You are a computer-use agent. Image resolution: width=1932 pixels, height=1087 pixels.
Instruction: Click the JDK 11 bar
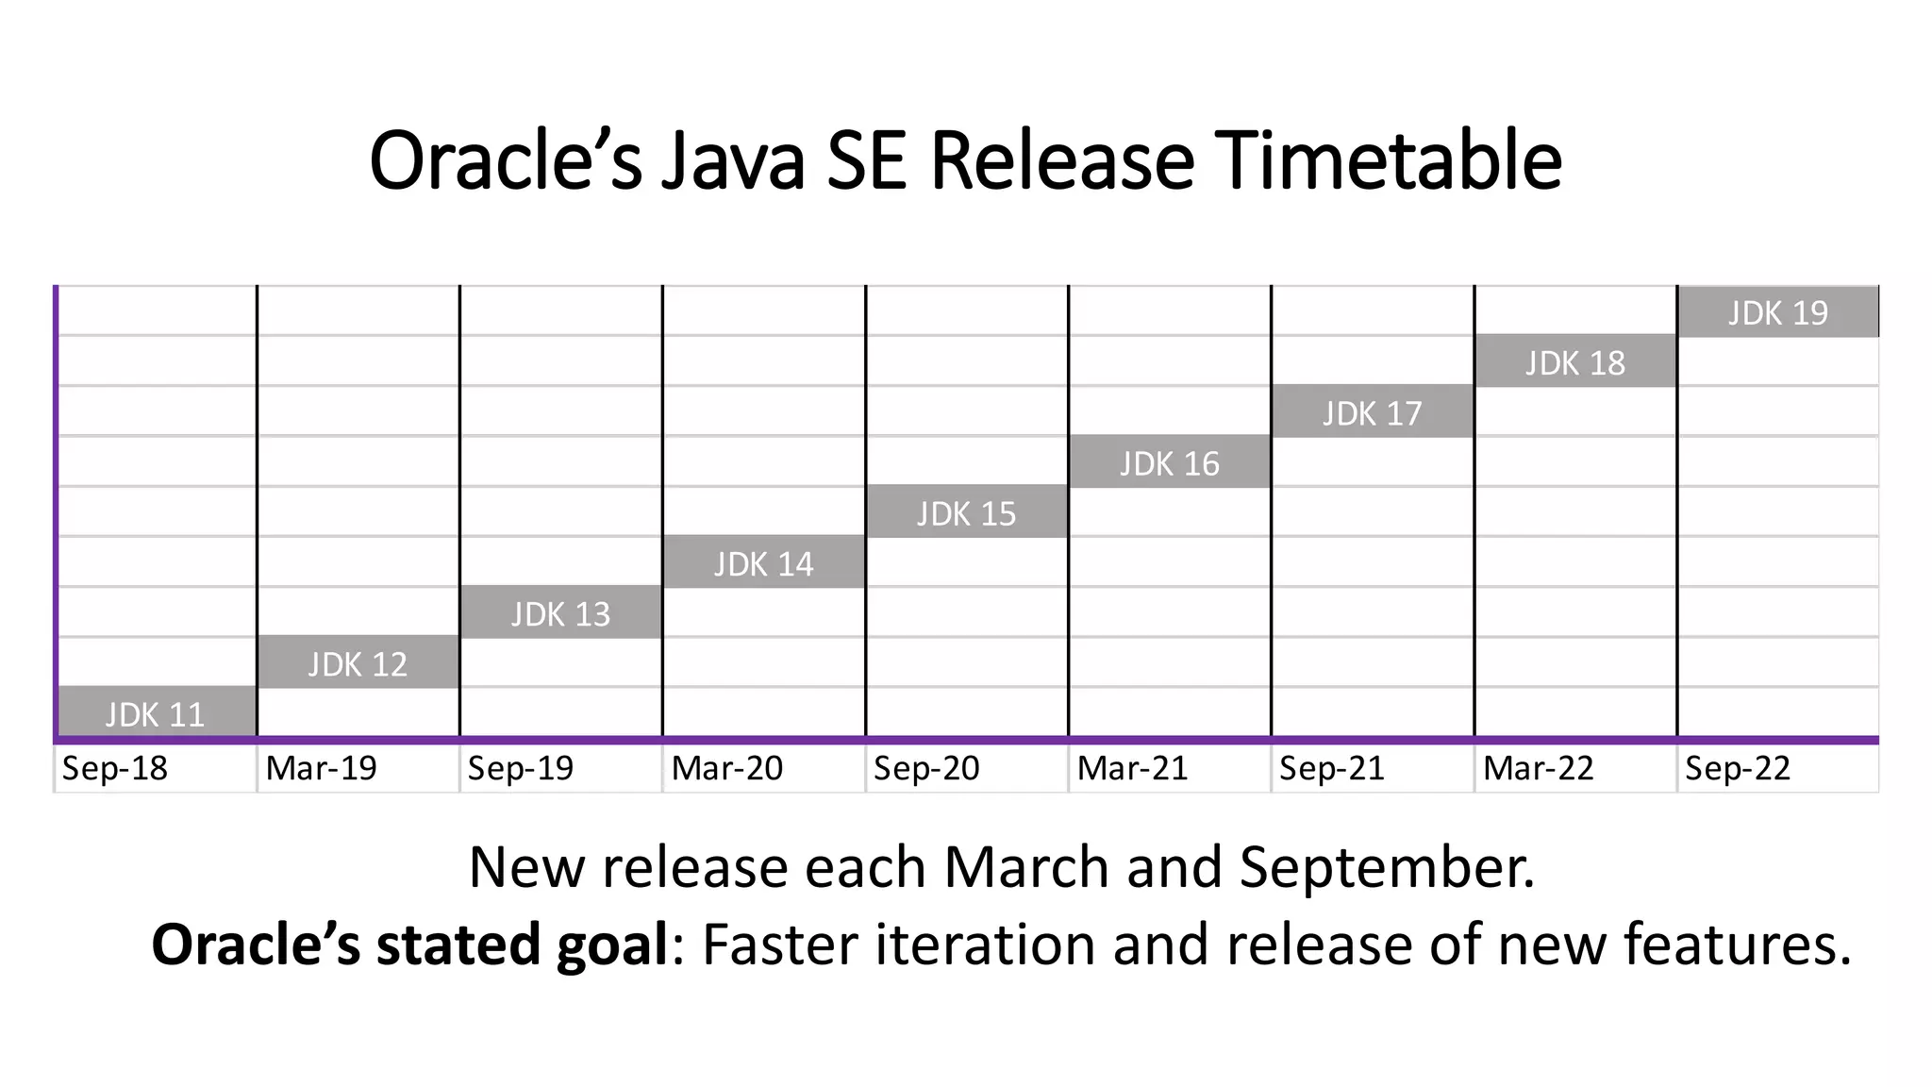157,712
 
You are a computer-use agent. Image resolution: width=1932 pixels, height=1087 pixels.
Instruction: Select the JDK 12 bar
358,662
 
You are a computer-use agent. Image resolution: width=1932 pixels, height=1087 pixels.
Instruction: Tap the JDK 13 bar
561,612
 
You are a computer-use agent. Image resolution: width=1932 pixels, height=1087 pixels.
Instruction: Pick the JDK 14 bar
764,562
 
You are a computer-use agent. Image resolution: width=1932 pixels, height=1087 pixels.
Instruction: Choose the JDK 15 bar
967,512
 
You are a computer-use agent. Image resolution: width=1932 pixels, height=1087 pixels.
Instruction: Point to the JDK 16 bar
1170,462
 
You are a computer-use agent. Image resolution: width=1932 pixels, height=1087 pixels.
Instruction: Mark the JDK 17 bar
1373,412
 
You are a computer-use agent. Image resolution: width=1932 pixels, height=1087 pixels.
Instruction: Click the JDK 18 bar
1575,361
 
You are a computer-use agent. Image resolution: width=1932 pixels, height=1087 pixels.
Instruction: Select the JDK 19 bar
1778,311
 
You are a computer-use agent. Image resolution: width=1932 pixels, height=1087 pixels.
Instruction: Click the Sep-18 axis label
115,768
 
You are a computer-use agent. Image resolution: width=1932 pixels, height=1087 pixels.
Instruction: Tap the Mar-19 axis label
322,768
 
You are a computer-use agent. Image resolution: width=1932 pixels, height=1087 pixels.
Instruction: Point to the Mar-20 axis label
727,768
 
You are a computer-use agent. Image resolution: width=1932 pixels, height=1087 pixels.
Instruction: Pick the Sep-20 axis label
926,768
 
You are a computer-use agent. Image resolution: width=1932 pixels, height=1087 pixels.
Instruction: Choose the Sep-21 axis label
1332,768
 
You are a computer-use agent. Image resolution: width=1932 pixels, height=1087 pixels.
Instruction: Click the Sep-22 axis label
1738,768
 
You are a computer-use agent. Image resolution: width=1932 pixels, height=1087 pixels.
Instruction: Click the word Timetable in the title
1388,160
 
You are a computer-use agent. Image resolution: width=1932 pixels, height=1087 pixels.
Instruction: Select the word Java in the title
733,160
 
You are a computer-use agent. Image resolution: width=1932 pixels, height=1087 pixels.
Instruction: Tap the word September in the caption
1387,868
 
